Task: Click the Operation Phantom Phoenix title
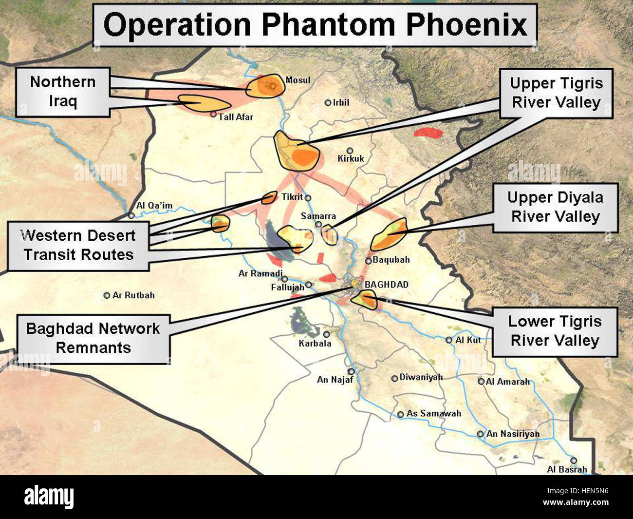(315, 25)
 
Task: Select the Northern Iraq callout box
(63, 92)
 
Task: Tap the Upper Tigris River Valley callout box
(556, 93)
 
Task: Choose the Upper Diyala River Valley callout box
(555, 207)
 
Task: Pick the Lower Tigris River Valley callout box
(555, 331)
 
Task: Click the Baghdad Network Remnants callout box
(93, 338)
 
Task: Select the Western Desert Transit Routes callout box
(78, 245)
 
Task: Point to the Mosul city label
(298, 80)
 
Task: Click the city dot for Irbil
(328, 103)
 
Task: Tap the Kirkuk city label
(351, 159)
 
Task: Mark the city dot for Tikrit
(308, 198)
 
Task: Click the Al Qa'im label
(154, 206)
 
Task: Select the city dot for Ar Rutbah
(107, 295)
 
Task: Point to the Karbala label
(315, 344)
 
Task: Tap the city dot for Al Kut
(449, 340)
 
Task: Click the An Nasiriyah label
(513, 434)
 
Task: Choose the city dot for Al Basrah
(574, 461)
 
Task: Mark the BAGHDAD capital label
(387, 285)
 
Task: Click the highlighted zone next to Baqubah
(389, 235)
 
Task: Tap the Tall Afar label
(236, 117)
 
